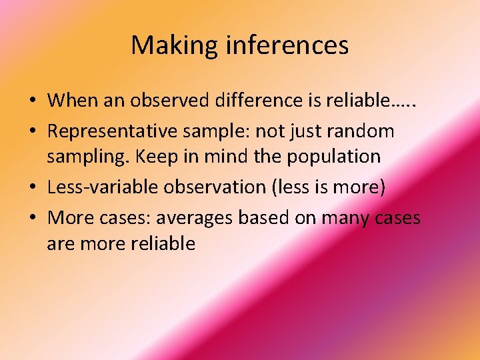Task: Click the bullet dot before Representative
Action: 32,132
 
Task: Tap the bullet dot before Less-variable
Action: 32,188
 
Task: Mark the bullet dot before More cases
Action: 32,219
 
